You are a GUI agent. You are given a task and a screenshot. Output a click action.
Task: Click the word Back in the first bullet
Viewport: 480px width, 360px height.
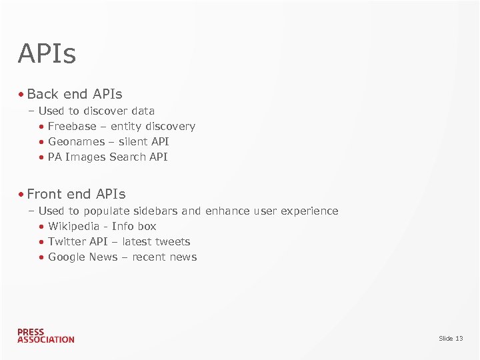pyautogui.click(x=43, y=94)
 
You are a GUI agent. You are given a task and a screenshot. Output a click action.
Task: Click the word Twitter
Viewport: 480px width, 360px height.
pyautogui.click(x=66, y=241)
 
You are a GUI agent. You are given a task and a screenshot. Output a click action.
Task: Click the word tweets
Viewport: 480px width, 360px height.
pyautogui.click(x=173, y=241)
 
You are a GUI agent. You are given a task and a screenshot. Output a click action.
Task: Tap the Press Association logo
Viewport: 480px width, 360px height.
pyautogui.click(x=45, y=335)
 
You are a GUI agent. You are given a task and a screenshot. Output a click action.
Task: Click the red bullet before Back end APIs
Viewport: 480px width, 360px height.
pyautogui.click(x=21, y=95)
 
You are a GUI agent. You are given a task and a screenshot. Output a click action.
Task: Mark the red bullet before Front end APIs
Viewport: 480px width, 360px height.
pyautogui.click(x=21, y=195)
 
